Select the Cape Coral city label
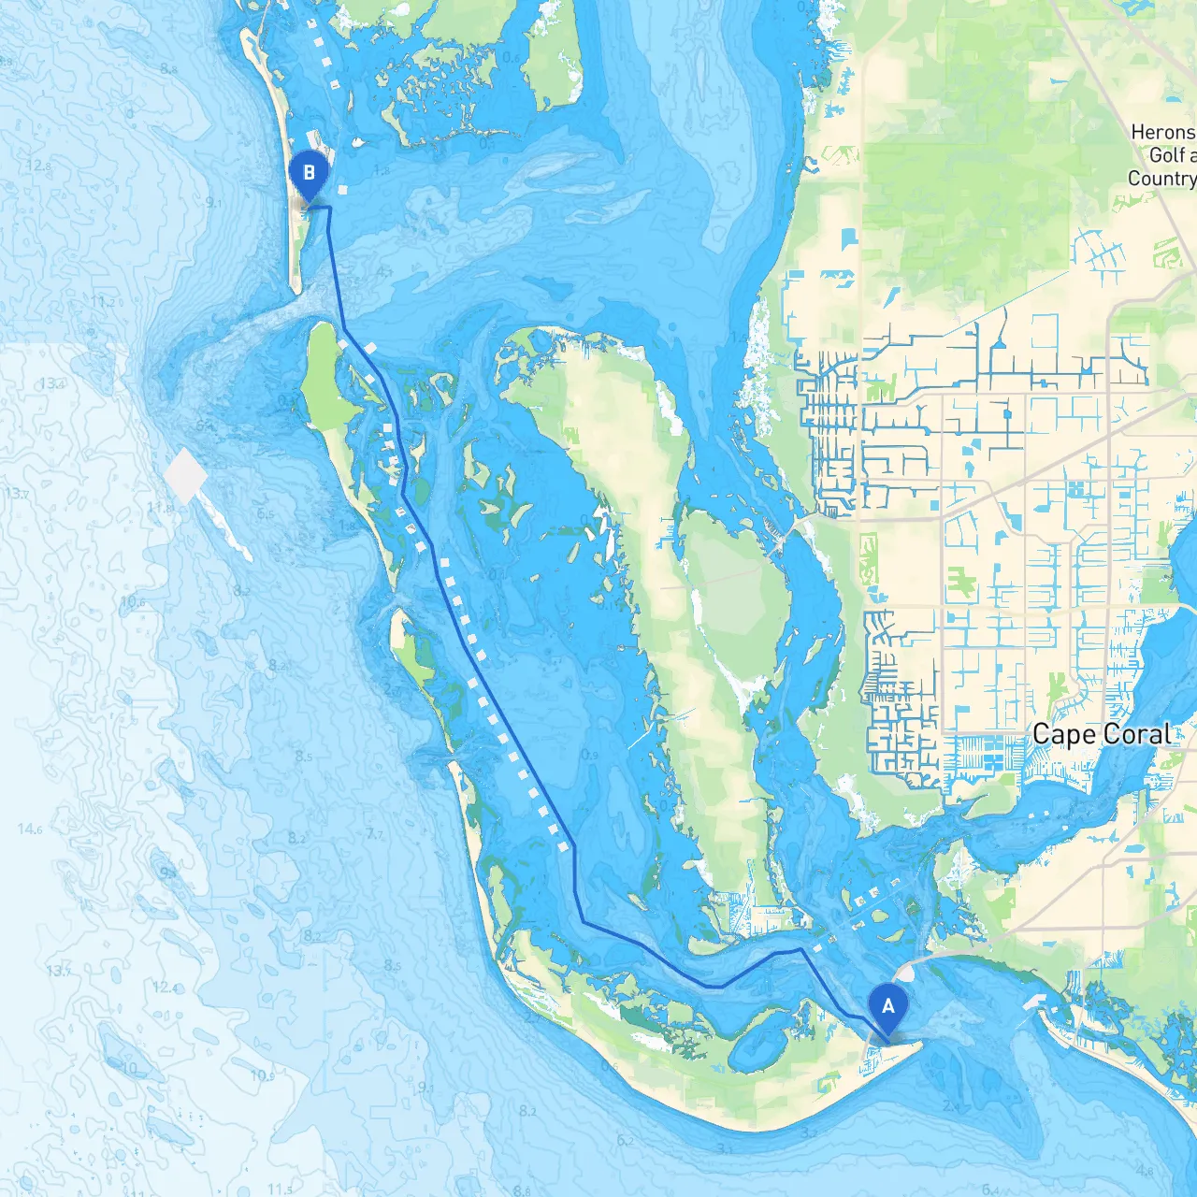coord(1102,735)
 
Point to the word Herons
coord(1162,133)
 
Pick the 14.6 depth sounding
coord(30,829)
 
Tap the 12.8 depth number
coord(38,166)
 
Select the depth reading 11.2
coord(104,302)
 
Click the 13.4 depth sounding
coord(52,383)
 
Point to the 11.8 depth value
coord(160,508)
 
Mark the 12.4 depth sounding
coord(165,988)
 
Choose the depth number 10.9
coord(262,1076)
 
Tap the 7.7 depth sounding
coord(374,833)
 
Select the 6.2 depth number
coord(625,1141)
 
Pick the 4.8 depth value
coord(1145,1170)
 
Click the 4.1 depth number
coord(383,272)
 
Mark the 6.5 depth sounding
coord(266,513)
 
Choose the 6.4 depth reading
coord(990,1190)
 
